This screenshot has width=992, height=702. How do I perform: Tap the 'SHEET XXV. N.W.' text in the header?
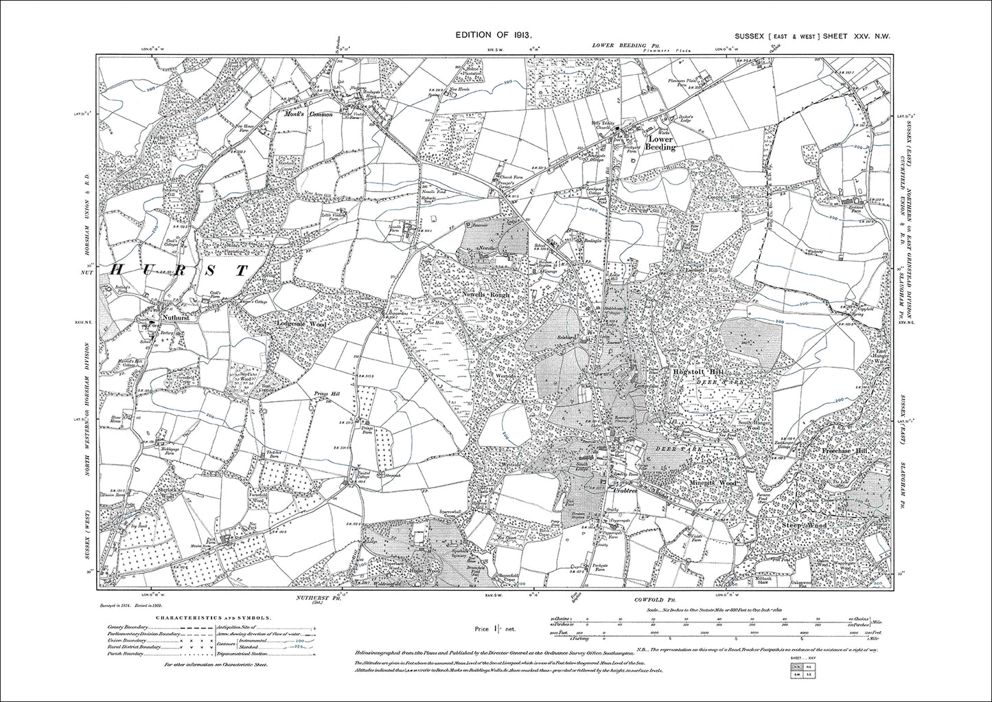[861, 34]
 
